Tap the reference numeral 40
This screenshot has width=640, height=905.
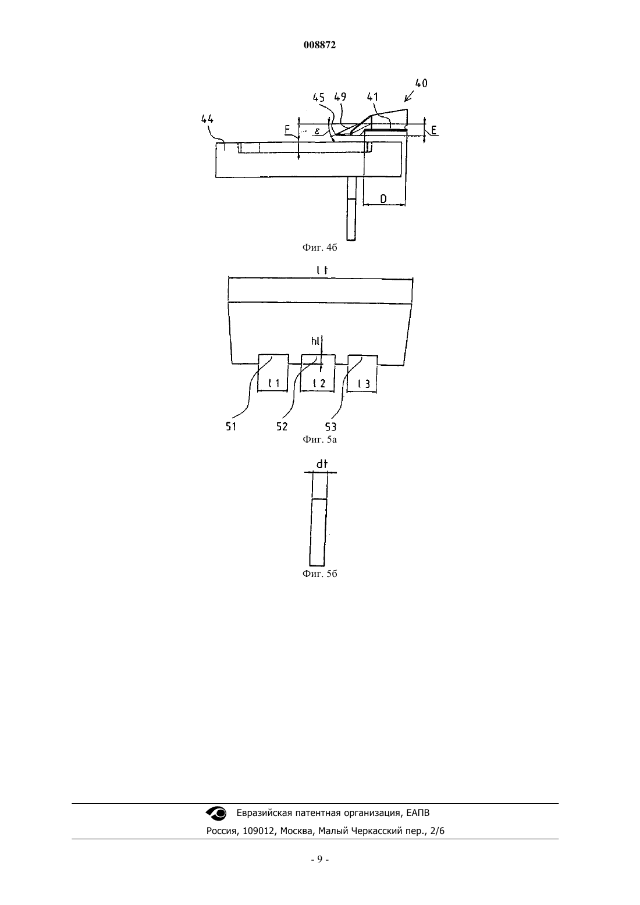(421, 83)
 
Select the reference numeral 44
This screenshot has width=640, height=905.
(207, 119)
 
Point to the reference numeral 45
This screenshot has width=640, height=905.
(319, 97)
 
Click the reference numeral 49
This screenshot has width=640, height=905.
(340, 97)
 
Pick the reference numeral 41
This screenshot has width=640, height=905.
(372, 97)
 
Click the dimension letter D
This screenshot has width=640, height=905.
(383, 198)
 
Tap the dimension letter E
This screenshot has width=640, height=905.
(435, 130)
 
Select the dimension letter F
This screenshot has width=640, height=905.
(287, 130)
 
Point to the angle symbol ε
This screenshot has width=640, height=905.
(317, 131)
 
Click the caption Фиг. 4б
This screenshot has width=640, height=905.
(319, 247)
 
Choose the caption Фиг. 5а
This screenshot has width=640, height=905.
(319, 439)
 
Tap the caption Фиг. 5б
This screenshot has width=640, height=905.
(319, 573)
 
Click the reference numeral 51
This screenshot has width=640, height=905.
(231, 426)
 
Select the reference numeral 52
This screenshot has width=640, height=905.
(282, 426)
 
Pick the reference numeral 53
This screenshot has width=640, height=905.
(330, 426)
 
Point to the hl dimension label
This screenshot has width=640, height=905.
(315, 341)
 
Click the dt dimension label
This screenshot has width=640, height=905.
(322, 465)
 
